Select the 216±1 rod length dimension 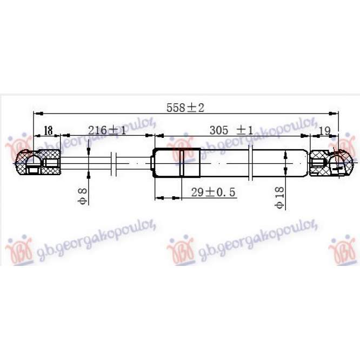click(107, 130)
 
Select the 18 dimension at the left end click(48, 130)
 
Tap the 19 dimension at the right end click(324, 130)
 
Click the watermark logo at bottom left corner click(18, 250)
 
